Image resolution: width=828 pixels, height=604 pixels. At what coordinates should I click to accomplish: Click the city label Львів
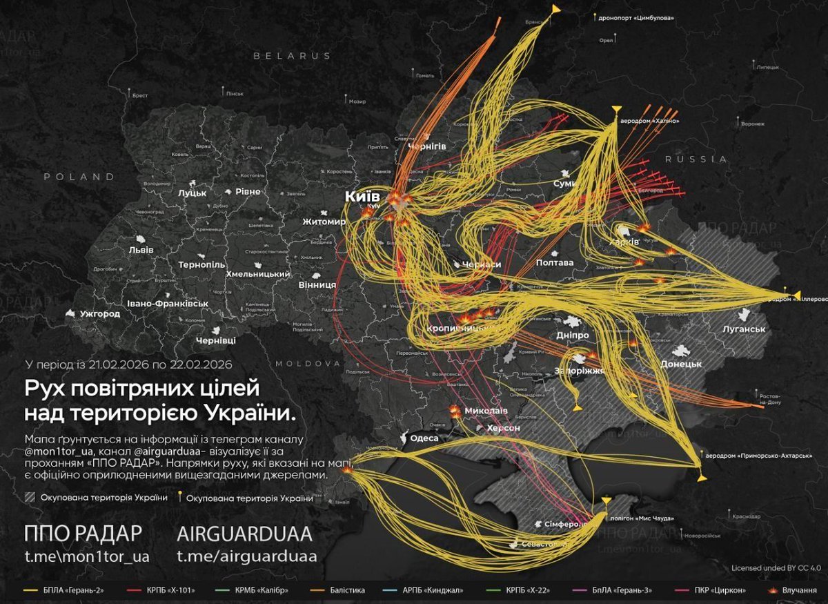[150, 249]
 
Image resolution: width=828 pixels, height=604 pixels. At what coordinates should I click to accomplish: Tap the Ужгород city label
[99, 314]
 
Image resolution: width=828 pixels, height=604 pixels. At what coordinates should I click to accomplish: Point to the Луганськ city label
[744, 329]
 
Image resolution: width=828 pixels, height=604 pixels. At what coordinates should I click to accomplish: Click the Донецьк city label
[681, 364]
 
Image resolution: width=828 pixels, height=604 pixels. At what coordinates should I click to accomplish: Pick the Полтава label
[554, 263]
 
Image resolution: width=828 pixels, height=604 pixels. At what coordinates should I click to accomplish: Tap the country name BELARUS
[292, 55]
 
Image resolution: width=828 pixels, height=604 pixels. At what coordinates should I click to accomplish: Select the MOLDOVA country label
[308, 363]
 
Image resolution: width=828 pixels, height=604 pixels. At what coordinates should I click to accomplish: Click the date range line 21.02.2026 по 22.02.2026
[128, 364]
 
